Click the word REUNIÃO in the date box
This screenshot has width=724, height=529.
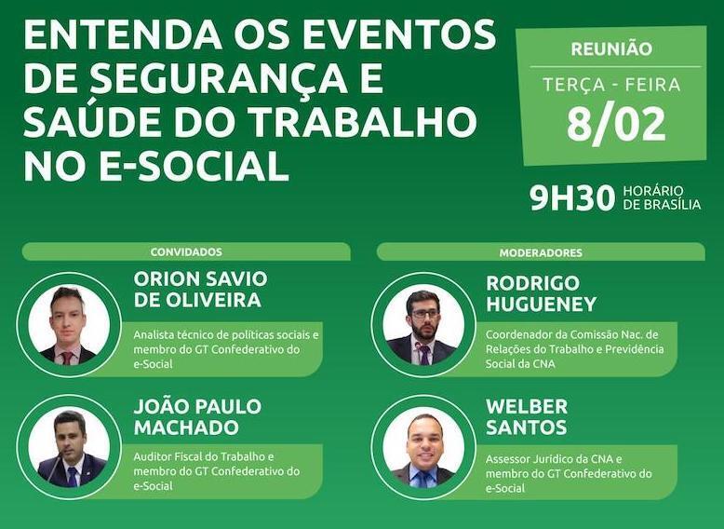tap(610, 49)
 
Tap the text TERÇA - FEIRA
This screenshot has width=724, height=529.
tap(611, 85)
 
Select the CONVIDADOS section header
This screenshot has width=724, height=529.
tap(186, 251)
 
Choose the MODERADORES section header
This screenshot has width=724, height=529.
tap(541, 251)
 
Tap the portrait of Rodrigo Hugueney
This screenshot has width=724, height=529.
tap(423, 325)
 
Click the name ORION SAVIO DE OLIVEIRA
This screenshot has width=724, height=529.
tap(200, 291)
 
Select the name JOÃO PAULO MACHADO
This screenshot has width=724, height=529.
tap(197, 417)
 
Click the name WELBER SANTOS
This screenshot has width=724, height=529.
tap(527, 417)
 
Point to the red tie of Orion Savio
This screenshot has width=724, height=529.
tap(67, 357)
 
